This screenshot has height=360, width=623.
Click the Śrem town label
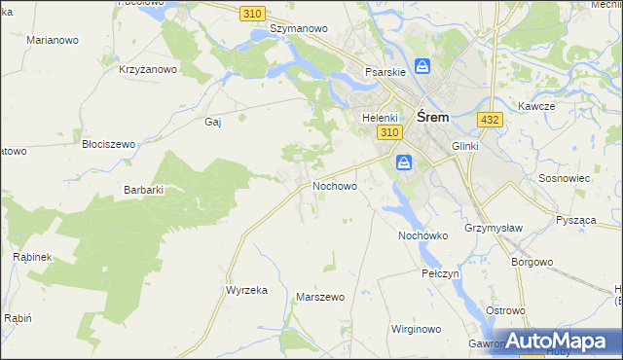pos(432,116)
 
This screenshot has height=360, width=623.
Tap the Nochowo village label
pos(334,185)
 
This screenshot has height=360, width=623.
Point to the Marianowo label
pos(53,40)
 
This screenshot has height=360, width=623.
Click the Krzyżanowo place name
pos(147,69)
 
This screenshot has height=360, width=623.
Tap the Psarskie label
pos(385,72)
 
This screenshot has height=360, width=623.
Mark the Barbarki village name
pos(143,191)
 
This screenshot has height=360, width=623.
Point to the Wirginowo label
pos(416,329)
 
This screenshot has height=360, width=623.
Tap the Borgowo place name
pos(531,262)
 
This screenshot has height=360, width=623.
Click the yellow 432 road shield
pos(490,119)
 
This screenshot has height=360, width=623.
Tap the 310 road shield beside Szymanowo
pos(252,12)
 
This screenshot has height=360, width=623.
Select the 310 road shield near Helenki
pos(390,132)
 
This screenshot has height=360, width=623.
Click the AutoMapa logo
pos(559,342)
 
